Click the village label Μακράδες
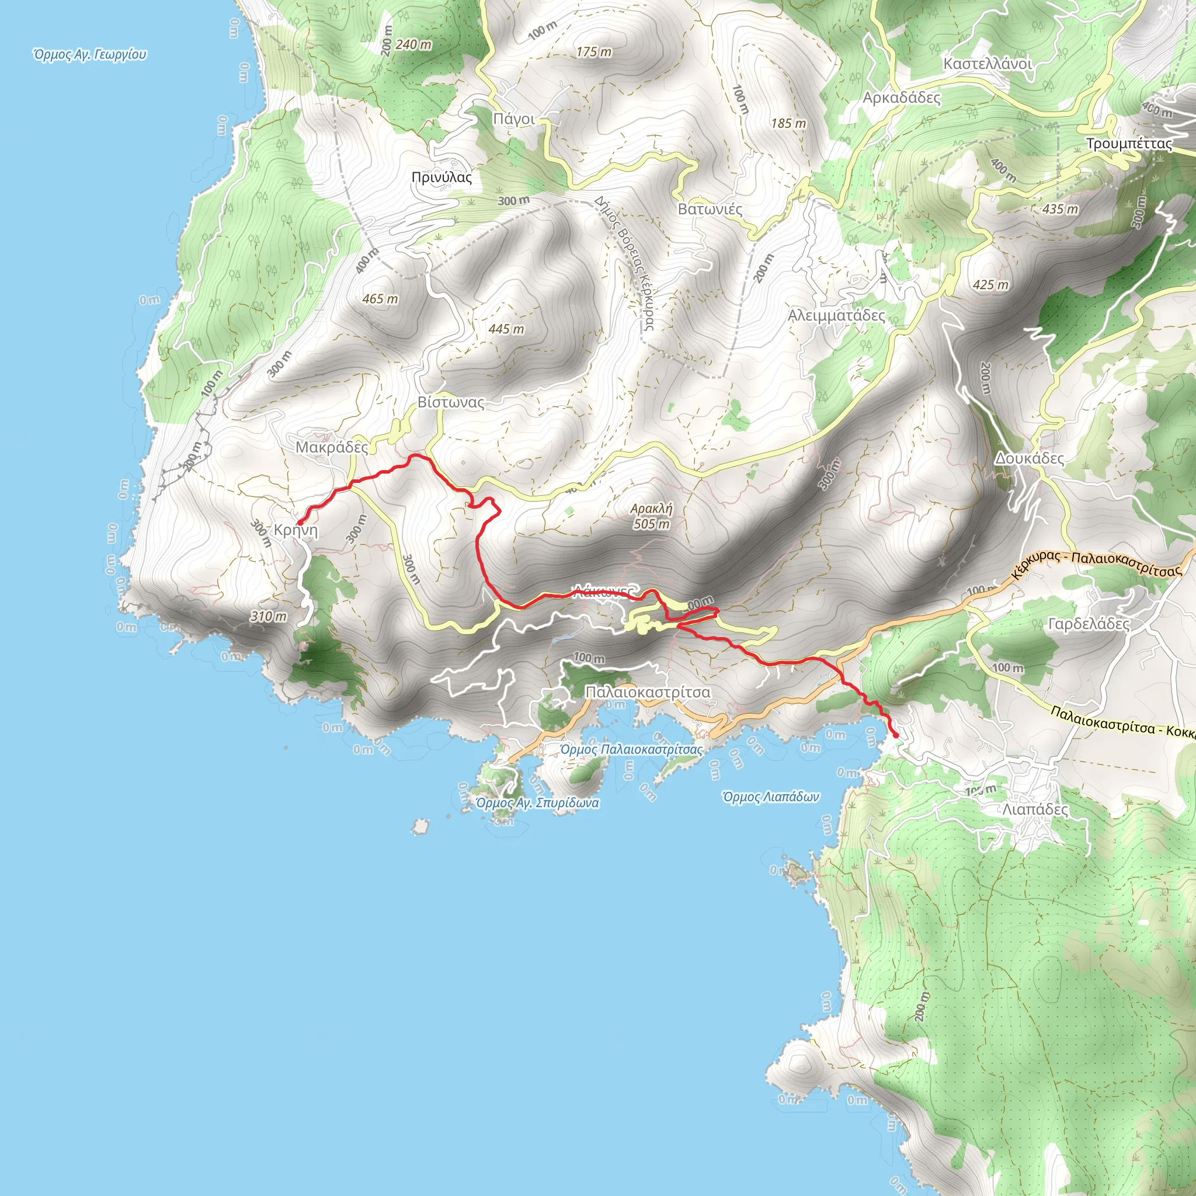331,447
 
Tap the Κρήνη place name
296,530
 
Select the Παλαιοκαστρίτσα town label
648,691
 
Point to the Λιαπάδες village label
1035,809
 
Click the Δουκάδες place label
1029,458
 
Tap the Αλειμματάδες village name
836,315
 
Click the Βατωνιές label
710,209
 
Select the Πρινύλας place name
441,178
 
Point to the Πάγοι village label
514,119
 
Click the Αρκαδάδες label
901,98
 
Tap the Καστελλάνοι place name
988,64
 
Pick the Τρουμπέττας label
1129,144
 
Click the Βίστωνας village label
451,402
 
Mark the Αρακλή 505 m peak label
651,516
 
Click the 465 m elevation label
380,299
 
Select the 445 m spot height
506,329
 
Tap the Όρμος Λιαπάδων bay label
771,797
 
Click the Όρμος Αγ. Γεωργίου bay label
91,54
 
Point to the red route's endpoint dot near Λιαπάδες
895,735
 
